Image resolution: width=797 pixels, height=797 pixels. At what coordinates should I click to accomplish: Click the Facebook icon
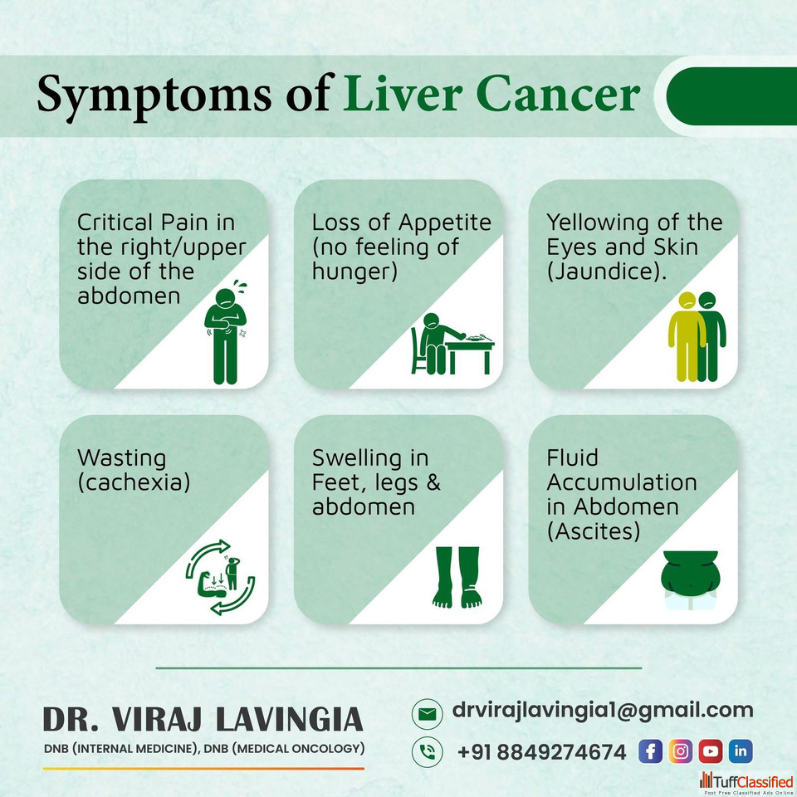coord(650,751)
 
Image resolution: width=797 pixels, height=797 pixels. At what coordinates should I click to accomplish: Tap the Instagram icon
coord(681,751)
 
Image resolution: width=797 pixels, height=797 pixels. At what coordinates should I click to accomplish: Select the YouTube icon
coord(711,751)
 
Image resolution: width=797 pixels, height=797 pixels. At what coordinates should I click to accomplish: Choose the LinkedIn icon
coord(741,751)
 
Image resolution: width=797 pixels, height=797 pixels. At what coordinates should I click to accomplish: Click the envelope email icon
coord(427,714)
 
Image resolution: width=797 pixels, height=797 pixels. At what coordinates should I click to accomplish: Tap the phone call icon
coord(427,752)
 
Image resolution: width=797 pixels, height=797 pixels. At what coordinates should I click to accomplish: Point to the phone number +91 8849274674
coord(542,752)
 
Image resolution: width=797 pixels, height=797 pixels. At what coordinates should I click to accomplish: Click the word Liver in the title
coord(403,94)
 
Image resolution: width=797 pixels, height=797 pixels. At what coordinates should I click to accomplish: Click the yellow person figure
coord(687,336)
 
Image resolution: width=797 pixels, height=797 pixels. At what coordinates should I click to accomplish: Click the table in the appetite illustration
coord(470,354)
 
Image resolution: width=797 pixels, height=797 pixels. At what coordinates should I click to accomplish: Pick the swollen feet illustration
coord(457,578)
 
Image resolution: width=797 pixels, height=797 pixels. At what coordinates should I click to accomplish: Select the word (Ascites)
coord(593,531)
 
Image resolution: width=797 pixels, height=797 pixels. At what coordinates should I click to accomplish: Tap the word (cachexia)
coord(134,482)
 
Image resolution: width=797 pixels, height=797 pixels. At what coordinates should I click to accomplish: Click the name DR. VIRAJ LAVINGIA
coord(203,719)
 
